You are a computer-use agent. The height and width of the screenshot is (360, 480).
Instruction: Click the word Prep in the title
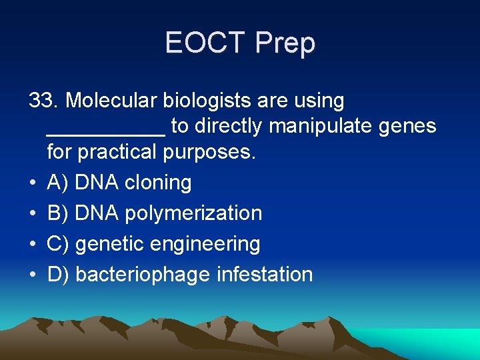pos(285,43)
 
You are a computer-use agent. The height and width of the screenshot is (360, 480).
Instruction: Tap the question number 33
pos(43,101)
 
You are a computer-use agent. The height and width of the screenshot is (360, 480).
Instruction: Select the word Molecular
pos(109,101)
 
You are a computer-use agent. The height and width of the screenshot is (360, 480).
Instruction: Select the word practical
pos(119,152)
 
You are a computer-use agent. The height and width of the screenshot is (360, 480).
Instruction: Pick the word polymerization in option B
pos(195,213)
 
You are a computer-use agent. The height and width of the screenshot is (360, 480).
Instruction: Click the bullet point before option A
pos(32,183)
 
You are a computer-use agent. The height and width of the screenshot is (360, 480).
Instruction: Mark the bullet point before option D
pos(32,275)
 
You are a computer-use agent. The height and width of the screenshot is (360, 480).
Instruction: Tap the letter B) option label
pos(58,213)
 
